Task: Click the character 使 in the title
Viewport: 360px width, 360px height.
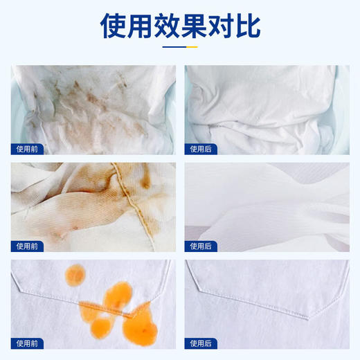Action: click(115, 26)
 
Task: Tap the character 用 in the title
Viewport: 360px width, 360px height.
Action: click(142, 26)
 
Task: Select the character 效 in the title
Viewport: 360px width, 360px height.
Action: click(168, 26)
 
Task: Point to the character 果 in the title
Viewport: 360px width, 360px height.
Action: click(195, 26)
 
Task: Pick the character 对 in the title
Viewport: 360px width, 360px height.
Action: click(221, 26)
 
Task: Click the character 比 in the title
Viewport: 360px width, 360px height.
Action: click(247, 26)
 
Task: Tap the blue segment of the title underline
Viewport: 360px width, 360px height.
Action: click(173, 48)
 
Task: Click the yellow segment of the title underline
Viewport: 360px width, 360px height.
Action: click(192, 48)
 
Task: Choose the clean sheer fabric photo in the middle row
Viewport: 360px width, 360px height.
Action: click(267, 204)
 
